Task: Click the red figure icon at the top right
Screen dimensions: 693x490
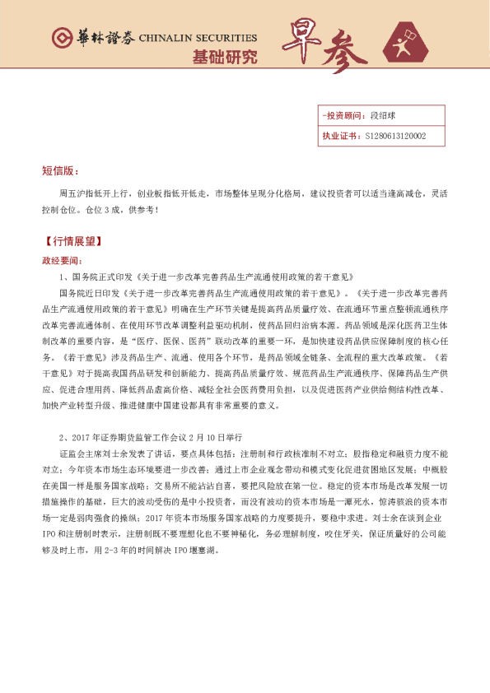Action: [x=404, y=42]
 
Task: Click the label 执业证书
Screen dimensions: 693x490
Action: [x=338, y=135]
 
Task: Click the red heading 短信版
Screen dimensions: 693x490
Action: [x=59, y=170]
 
